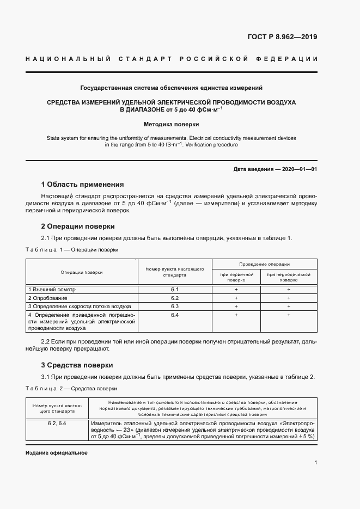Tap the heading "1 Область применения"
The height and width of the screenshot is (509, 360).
[82, 184]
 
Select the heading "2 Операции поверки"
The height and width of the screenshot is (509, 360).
[78, 226]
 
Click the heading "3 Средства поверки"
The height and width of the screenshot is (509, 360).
[77, 365]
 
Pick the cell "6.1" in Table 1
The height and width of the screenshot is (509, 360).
[175, 290]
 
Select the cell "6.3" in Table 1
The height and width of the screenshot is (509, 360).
[175, 306]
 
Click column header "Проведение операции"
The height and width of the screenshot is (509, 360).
[265, 263]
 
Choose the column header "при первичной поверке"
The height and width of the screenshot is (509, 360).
[236, 278]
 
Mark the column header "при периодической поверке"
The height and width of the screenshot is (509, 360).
[289, 278]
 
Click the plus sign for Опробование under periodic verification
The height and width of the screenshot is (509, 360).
[289, 298]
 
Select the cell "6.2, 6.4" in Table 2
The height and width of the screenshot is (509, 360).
[57, 423]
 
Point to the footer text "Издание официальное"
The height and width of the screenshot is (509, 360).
[56, 453]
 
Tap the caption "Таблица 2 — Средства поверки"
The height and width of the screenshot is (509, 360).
[71, 389]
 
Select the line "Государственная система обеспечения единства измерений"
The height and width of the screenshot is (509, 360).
[171, 87]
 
